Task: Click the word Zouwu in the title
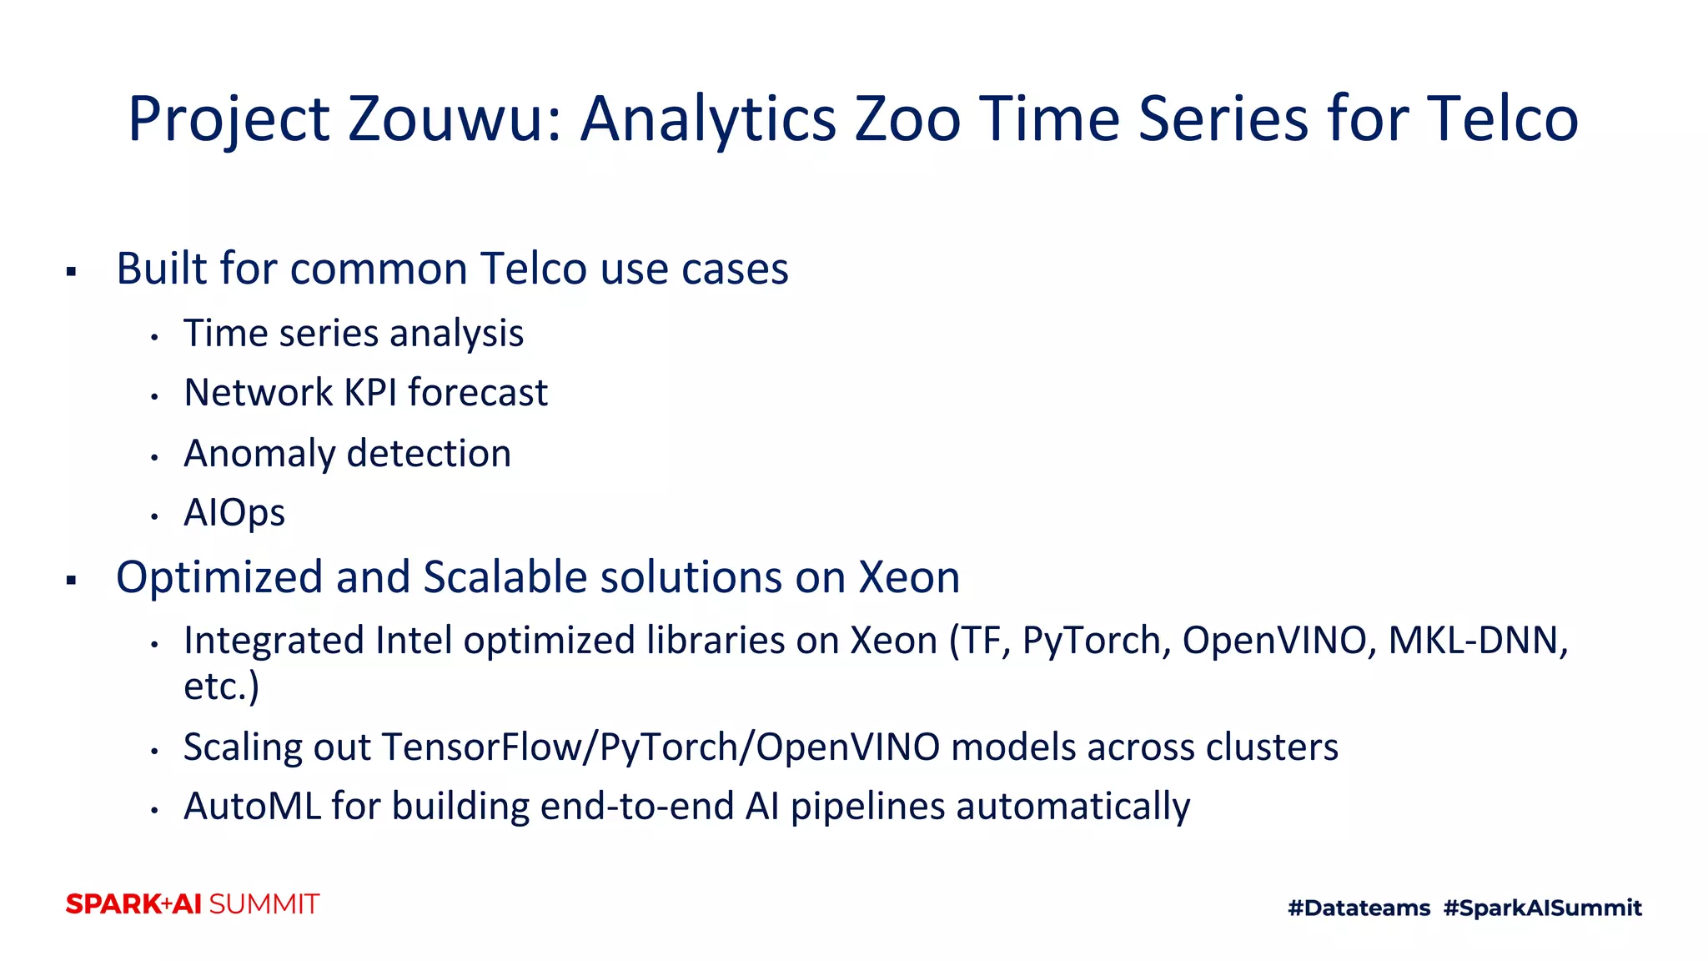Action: pos(455,118)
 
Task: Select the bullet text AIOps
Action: pos(234,513)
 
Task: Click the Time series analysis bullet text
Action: pos(354,334)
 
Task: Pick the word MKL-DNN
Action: pos(1477,641)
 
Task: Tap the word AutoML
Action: pos(252,807)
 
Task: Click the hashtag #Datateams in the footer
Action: pos(1359,908)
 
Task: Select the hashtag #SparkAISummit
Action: pos(1542,908)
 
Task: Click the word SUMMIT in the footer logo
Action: pos(264,904)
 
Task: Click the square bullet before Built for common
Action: pos(72,271)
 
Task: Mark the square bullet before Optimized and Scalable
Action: pos(72,580)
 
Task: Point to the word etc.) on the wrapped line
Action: pos(221,687)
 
